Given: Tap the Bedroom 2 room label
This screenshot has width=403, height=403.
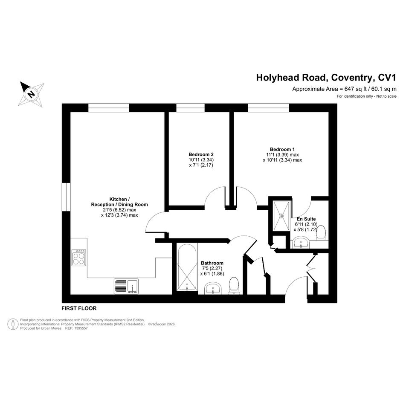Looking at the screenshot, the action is click(201, 154).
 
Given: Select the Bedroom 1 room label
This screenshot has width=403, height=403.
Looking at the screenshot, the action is click(282, 149).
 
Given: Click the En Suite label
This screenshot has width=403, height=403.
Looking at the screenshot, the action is click(306, 219).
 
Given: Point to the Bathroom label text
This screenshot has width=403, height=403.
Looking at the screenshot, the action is click(212, 263).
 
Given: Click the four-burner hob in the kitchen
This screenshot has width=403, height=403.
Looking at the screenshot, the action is click(79, 258).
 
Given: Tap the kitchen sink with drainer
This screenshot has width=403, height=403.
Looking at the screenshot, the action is click(126, 286).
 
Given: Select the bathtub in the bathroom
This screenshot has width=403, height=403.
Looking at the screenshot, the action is click(187, 267).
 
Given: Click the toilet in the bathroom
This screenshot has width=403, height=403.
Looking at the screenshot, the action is click(234, 285).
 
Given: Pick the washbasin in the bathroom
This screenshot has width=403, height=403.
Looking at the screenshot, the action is click(213, 288).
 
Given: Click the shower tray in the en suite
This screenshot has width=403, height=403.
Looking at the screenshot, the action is click(281, 216).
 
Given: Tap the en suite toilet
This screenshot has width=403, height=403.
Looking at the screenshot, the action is click(321, 232).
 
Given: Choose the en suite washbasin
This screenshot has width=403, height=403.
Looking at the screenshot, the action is click(301, 243).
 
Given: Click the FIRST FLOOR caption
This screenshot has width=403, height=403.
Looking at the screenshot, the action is click(79, 308).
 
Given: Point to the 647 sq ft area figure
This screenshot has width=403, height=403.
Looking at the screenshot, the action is click(356, 89).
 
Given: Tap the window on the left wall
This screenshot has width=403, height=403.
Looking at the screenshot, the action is click(66, 197).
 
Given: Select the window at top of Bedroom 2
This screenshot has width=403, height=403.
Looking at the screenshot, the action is click(191, 108).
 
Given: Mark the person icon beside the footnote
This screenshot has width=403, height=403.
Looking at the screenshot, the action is click(13, 324).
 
